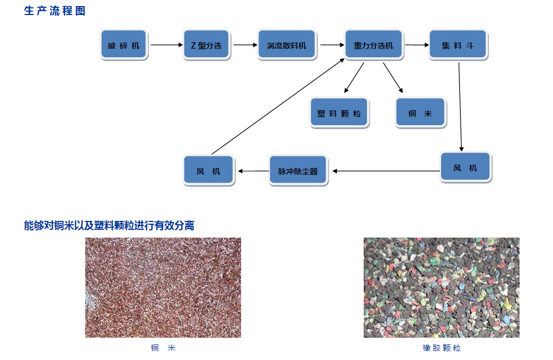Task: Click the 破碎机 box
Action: [x=124, y=45]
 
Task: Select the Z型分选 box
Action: [x=206, y=45]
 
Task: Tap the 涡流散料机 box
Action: [x=286, y=45]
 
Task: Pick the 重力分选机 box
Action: [x=373, y=45]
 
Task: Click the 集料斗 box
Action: [x=458, y=45]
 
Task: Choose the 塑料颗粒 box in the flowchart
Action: [x=339, y=114]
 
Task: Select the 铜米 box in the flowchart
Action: [x=420, y=114]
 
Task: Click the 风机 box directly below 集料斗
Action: [x=465, y=167]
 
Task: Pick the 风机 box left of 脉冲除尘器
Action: [x=208, y=171]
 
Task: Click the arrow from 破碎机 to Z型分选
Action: [x=167, y=45]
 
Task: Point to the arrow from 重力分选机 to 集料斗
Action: [x=415, y=45]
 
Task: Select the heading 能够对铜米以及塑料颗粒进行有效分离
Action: [x=109, y=225]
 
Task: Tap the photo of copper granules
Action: [x=163, y=288]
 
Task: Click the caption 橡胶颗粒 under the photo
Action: [x=442, y=348]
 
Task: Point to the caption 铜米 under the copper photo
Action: [x=163, y=348]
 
